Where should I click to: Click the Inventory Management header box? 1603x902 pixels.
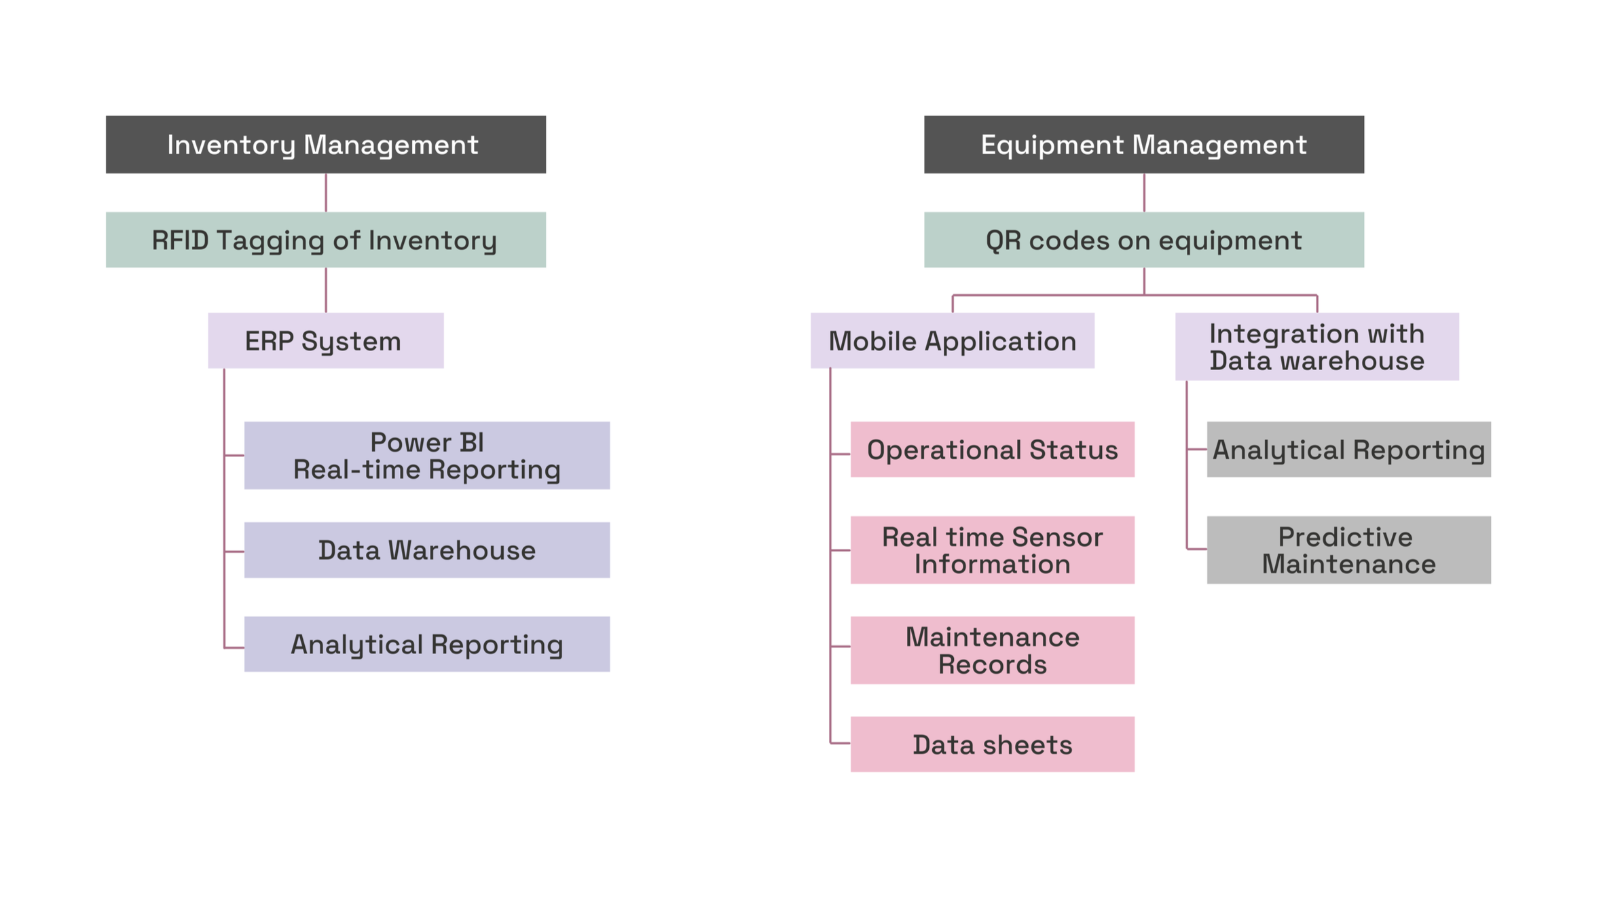(x=325, y=145)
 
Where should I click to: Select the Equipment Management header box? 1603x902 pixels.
(x=1143, y=145)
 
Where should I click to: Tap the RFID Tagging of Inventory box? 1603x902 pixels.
(x=325, y=240)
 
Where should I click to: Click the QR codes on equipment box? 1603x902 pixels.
(x=1143, y=240)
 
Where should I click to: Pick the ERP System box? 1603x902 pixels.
(x=325, y=340)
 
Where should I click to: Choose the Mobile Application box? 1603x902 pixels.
(x=952, y=340)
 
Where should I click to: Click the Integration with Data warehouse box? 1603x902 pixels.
(x=1316, y=346)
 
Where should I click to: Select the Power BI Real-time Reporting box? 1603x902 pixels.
(x=426, y=455)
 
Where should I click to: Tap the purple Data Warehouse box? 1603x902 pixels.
(x=426, y=550)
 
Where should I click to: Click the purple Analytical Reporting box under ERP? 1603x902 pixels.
(x=426, y=644)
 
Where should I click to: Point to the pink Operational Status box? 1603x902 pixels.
(x=992, y=450)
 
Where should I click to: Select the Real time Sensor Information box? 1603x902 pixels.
(x=992, y=550)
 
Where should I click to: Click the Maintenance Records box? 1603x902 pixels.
(x=992, y=650)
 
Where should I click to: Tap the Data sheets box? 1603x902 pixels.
(x=992, y=744)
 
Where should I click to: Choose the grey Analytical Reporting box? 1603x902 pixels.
(x=1348, y=450)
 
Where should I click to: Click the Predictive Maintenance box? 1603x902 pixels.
(x=1348, y=550)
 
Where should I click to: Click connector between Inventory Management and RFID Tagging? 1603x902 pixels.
(x=326, y=192)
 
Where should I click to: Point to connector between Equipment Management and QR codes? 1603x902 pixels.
(x=1144, y=192)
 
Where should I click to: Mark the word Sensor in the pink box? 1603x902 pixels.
(x=1061, y=537)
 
